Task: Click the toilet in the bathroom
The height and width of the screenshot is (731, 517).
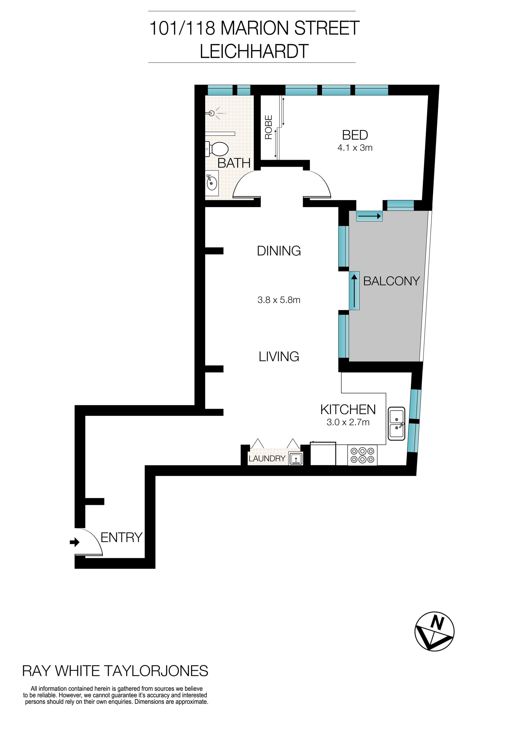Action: click(x=218, y=149)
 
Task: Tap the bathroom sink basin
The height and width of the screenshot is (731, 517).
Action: click(x=212, y=183)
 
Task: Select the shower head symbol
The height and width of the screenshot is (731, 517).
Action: click(x=213, y=113)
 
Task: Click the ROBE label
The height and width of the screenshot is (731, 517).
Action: click(x=269, y=127)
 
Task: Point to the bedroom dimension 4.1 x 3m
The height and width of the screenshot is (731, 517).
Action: click(x=355, y=148)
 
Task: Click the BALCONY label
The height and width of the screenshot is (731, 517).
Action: click(x=391, y=281)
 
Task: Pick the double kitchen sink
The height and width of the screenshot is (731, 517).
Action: click(x=397, y=424)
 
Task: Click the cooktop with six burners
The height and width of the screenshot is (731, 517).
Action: click(x=362, y=455)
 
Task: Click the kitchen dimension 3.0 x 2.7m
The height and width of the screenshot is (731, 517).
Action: click(x=348, y=422)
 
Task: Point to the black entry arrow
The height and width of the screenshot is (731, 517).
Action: click(x=75, y=542)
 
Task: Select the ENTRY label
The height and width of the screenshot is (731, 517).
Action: click(x=121, y=537)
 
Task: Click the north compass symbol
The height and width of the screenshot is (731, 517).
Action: click(x=434, y=631)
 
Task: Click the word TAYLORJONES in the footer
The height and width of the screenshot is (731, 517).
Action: click(x=156, y=671)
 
